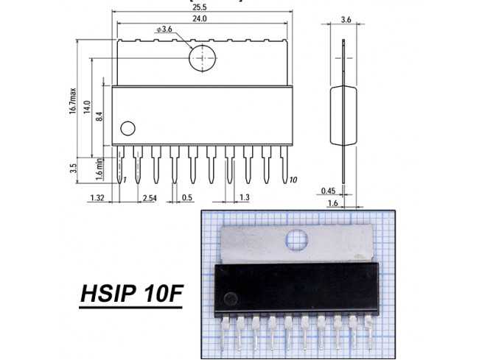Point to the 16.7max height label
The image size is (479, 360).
[x=73, y=102]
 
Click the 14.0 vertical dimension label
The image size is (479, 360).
[x=87, y=107]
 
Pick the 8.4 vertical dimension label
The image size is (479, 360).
[x=102, y=115]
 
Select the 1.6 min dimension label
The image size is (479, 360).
[x=99, y=169]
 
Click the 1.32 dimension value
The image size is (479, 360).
[x=97, y=197]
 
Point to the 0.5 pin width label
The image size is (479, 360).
[x=187, y=197]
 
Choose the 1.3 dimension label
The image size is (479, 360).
[x=245, y=197]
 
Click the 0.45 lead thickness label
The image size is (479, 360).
[x=329, y=191]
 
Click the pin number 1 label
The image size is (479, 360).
[x=125, y=180]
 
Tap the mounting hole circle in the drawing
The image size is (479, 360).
[x=203, y=58]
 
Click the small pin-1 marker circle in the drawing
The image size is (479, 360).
[x=127, y=128]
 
